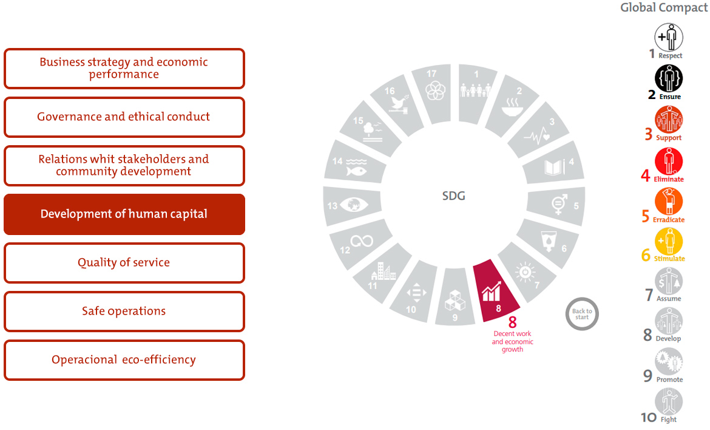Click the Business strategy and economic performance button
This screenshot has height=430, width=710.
coord(124,69)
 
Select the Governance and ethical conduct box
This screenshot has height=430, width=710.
coord(124,117)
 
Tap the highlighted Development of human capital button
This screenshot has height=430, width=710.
coord(124,214)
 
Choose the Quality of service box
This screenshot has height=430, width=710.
coord(124,263)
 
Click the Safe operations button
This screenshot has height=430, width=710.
coord(124,312)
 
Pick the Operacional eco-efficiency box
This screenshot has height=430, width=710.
coord(124,360)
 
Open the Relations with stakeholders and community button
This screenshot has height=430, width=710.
coord(124,165)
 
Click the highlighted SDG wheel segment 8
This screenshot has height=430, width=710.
coord(495,292)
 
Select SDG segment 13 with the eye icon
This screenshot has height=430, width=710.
coord(351,205)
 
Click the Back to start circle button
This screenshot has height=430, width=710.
coord(582,313)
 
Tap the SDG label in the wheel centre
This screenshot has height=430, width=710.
coord(454,196)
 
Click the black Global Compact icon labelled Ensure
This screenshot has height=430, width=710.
coord(668,78)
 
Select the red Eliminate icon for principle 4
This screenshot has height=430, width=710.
coord(668,161)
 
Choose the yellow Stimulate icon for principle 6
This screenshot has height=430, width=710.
coord(668,242)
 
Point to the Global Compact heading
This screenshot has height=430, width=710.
coord(664,8)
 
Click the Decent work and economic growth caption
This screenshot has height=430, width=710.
coord(513,341)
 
